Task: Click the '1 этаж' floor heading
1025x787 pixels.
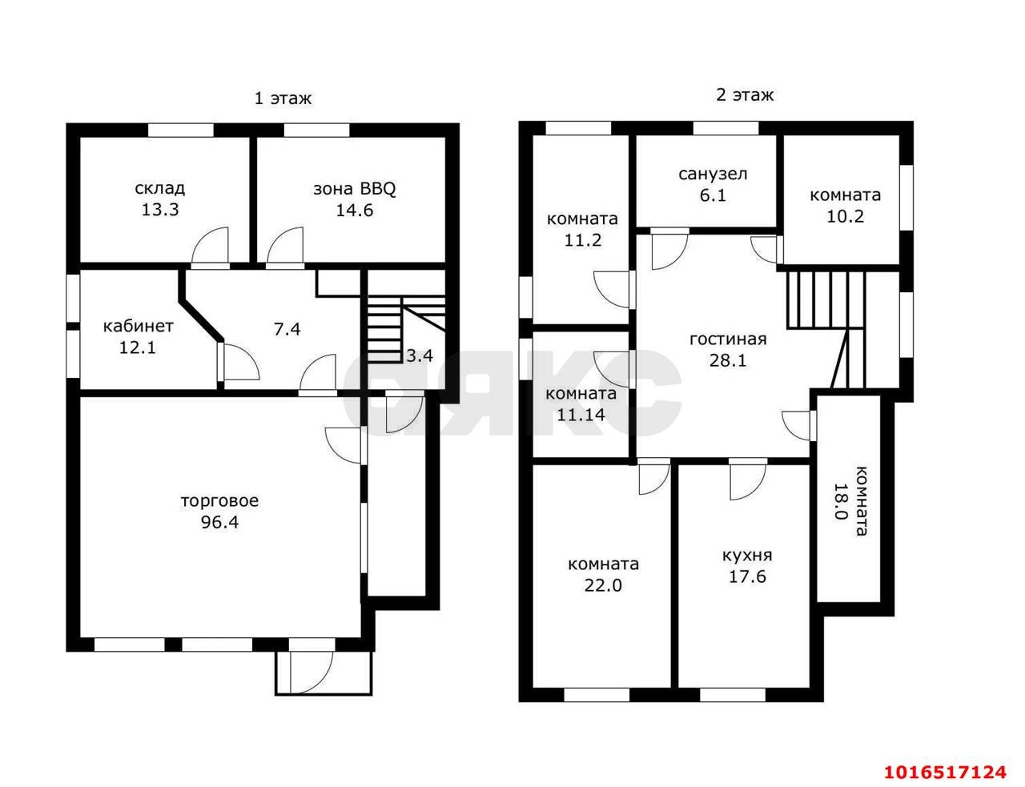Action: (x=283, y=98)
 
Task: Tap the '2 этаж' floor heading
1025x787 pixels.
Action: (x=745, y=95)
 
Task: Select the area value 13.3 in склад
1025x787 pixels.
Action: (x=160, y=210)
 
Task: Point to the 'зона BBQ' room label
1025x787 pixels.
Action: (x=354, y=189)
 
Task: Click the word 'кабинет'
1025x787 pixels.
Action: (x=139, y=327)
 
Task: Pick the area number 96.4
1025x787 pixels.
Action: (x=219, y=523)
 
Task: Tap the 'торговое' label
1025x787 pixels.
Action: (x=219, y=500)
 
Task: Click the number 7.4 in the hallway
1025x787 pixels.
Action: (x=287, y=329)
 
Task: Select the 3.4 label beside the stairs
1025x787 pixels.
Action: (x=420, y=356)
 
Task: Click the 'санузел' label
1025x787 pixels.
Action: (x=713, y=175)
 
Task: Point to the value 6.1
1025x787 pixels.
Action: (x=713, y=195)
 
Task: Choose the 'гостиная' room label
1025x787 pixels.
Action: (x=728, y=339)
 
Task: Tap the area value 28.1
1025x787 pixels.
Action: (x=728, y=361)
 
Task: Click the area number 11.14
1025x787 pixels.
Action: (x=581, y=415)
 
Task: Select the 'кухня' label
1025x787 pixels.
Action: (x=747, y=556)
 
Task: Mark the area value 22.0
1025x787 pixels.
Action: (x=603, y=586)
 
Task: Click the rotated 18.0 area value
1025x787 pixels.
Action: (x=840, y=500)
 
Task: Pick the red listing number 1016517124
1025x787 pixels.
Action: (x=945, y=773)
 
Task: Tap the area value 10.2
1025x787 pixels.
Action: (x=846, y=217)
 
